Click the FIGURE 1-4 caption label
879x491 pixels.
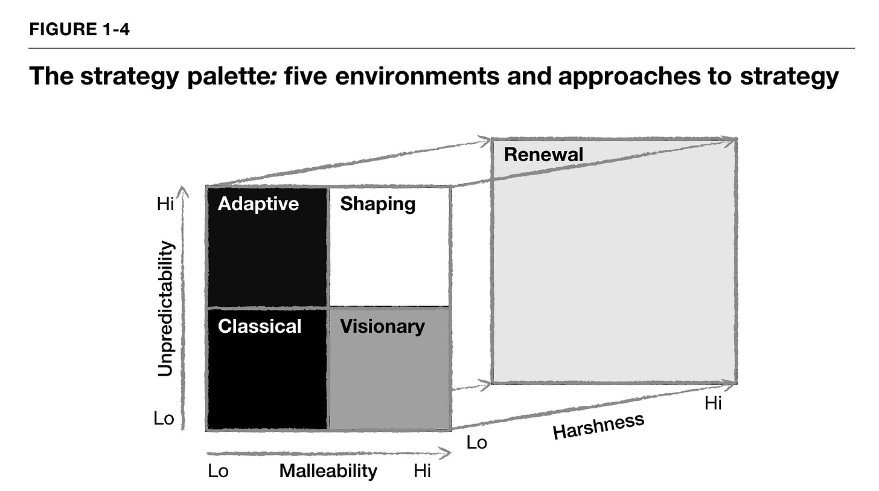(79, 30)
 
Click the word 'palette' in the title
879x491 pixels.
(229, 76)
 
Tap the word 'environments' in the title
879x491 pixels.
(417, 75)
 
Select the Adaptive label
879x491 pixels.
(258, 204)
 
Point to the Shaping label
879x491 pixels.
(377, 204)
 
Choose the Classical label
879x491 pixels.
(260, 326)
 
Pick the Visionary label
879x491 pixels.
(382, 327)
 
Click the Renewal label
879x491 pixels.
(543, 155)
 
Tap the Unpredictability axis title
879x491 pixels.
(165, 309)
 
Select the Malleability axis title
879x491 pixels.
(328, 470)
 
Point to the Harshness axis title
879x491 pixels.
(598, 426)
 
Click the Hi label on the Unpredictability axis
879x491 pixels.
(165, 204)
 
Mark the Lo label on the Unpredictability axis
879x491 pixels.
(164, 419)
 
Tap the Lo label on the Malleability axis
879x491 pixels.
(218, 471)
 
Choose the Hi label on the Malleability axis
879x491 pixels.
(422, 471)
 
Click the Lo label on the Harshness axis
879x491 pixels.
(477, 443)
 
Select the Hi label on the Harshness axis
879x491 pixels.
(713, 403)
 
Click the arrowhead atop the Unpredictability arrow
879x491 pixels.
(182, 191)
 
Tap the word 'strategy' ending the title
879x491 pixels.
(789, 76)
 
